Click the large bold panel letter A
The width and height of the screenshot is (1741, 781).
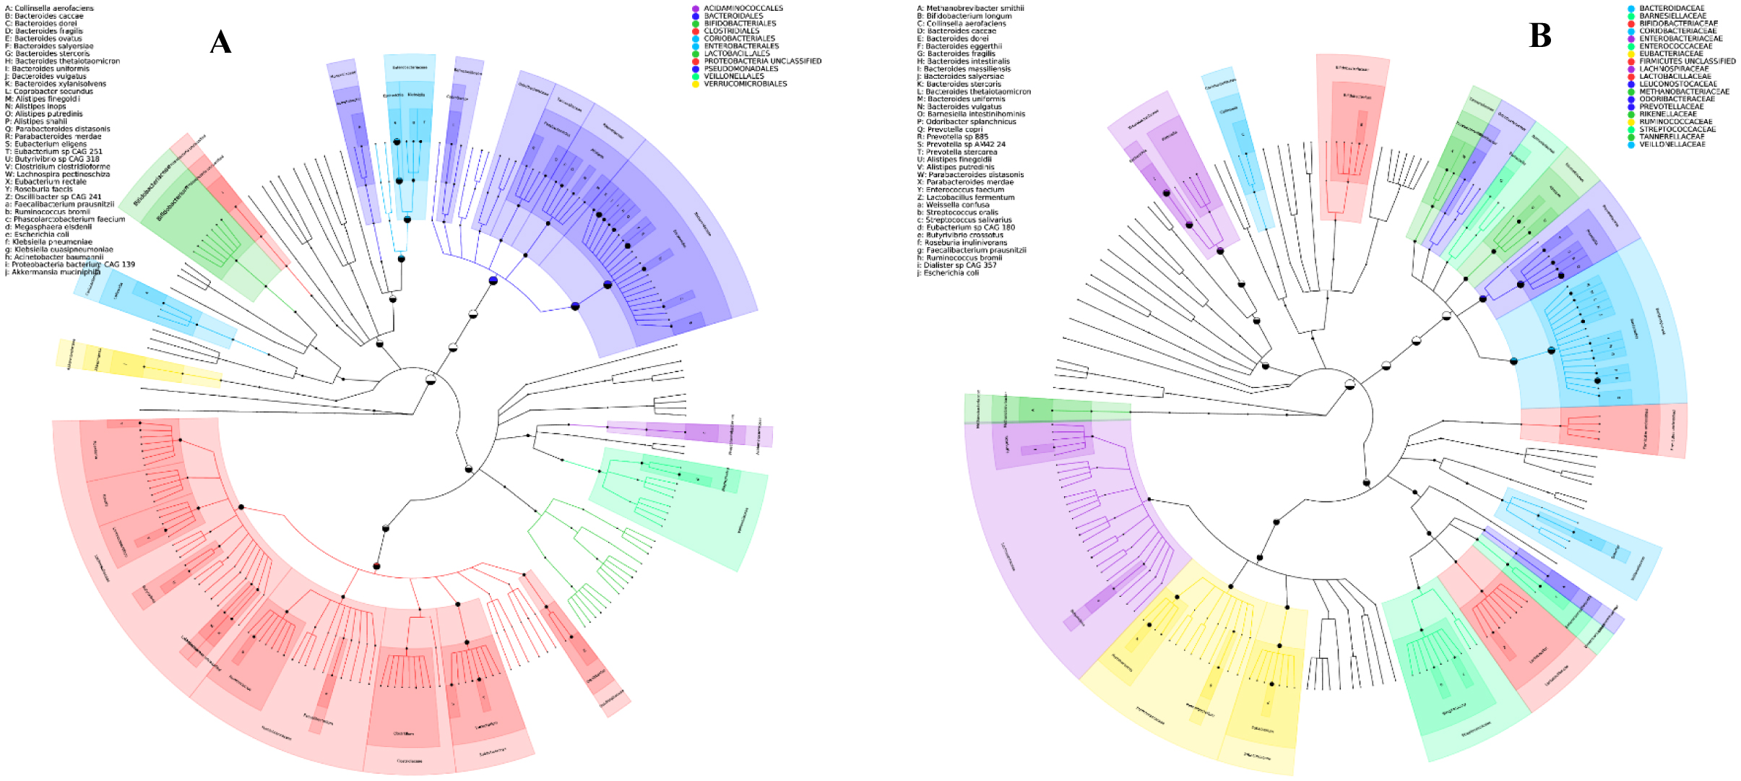coord(220,42)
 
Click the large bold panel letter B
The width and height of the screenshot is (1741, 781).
coord(1539,35)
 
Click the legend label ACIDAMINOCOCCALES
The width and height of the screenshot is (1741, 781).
coord(743,9)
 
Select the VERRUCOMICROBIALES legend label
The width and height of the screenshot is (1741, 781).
coord(746,84)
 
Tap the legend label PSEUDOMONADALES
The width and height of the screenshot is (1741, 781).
coord(741,69)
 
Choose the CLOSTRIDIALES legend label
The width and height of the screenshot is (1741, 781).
coord(732,31)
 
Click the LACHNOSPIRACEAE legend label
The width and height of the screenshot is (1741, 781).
coord(1674,69)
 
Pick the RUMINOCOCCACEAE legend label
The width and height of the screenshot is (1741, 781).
coord(1675,121)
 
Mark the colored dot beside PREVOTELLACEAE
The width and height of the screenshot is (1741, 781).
coord(1631,107)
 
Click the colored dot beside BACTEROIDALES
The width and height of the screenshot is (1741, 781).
coord(696,16)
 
